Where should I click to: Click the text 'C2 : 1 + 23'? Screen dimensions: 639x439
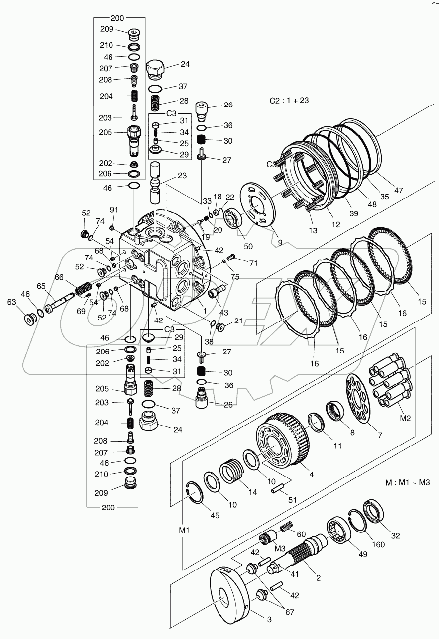pos(289,100)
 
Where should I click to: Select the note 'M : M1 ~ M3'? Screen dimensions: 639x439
pos(408,482)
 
